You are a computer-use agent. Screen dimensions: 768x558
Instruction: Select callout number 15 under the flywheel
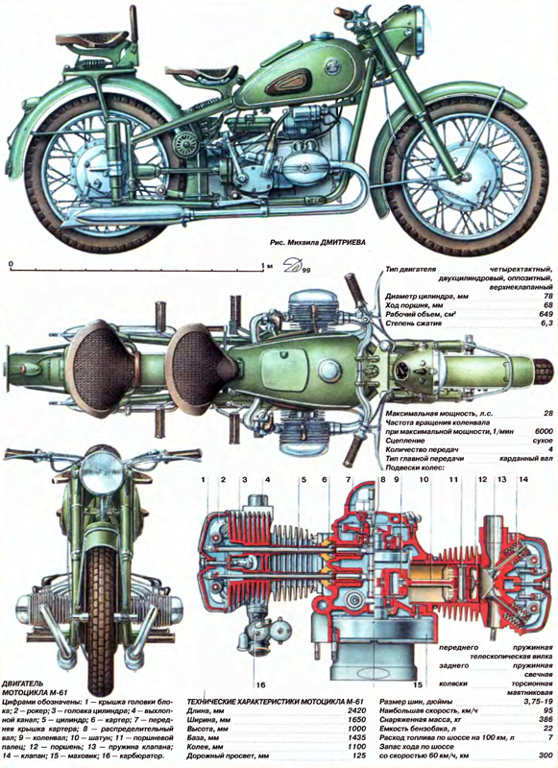pyautogui.click(x=416, y=684)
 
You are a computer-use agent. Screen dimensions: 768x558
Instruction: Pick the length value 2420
pyautogui.click(x=352, y=711)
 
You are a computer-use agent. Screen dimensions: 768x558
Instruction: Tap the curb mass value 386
pyautogui.click(x=545, y=722)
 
